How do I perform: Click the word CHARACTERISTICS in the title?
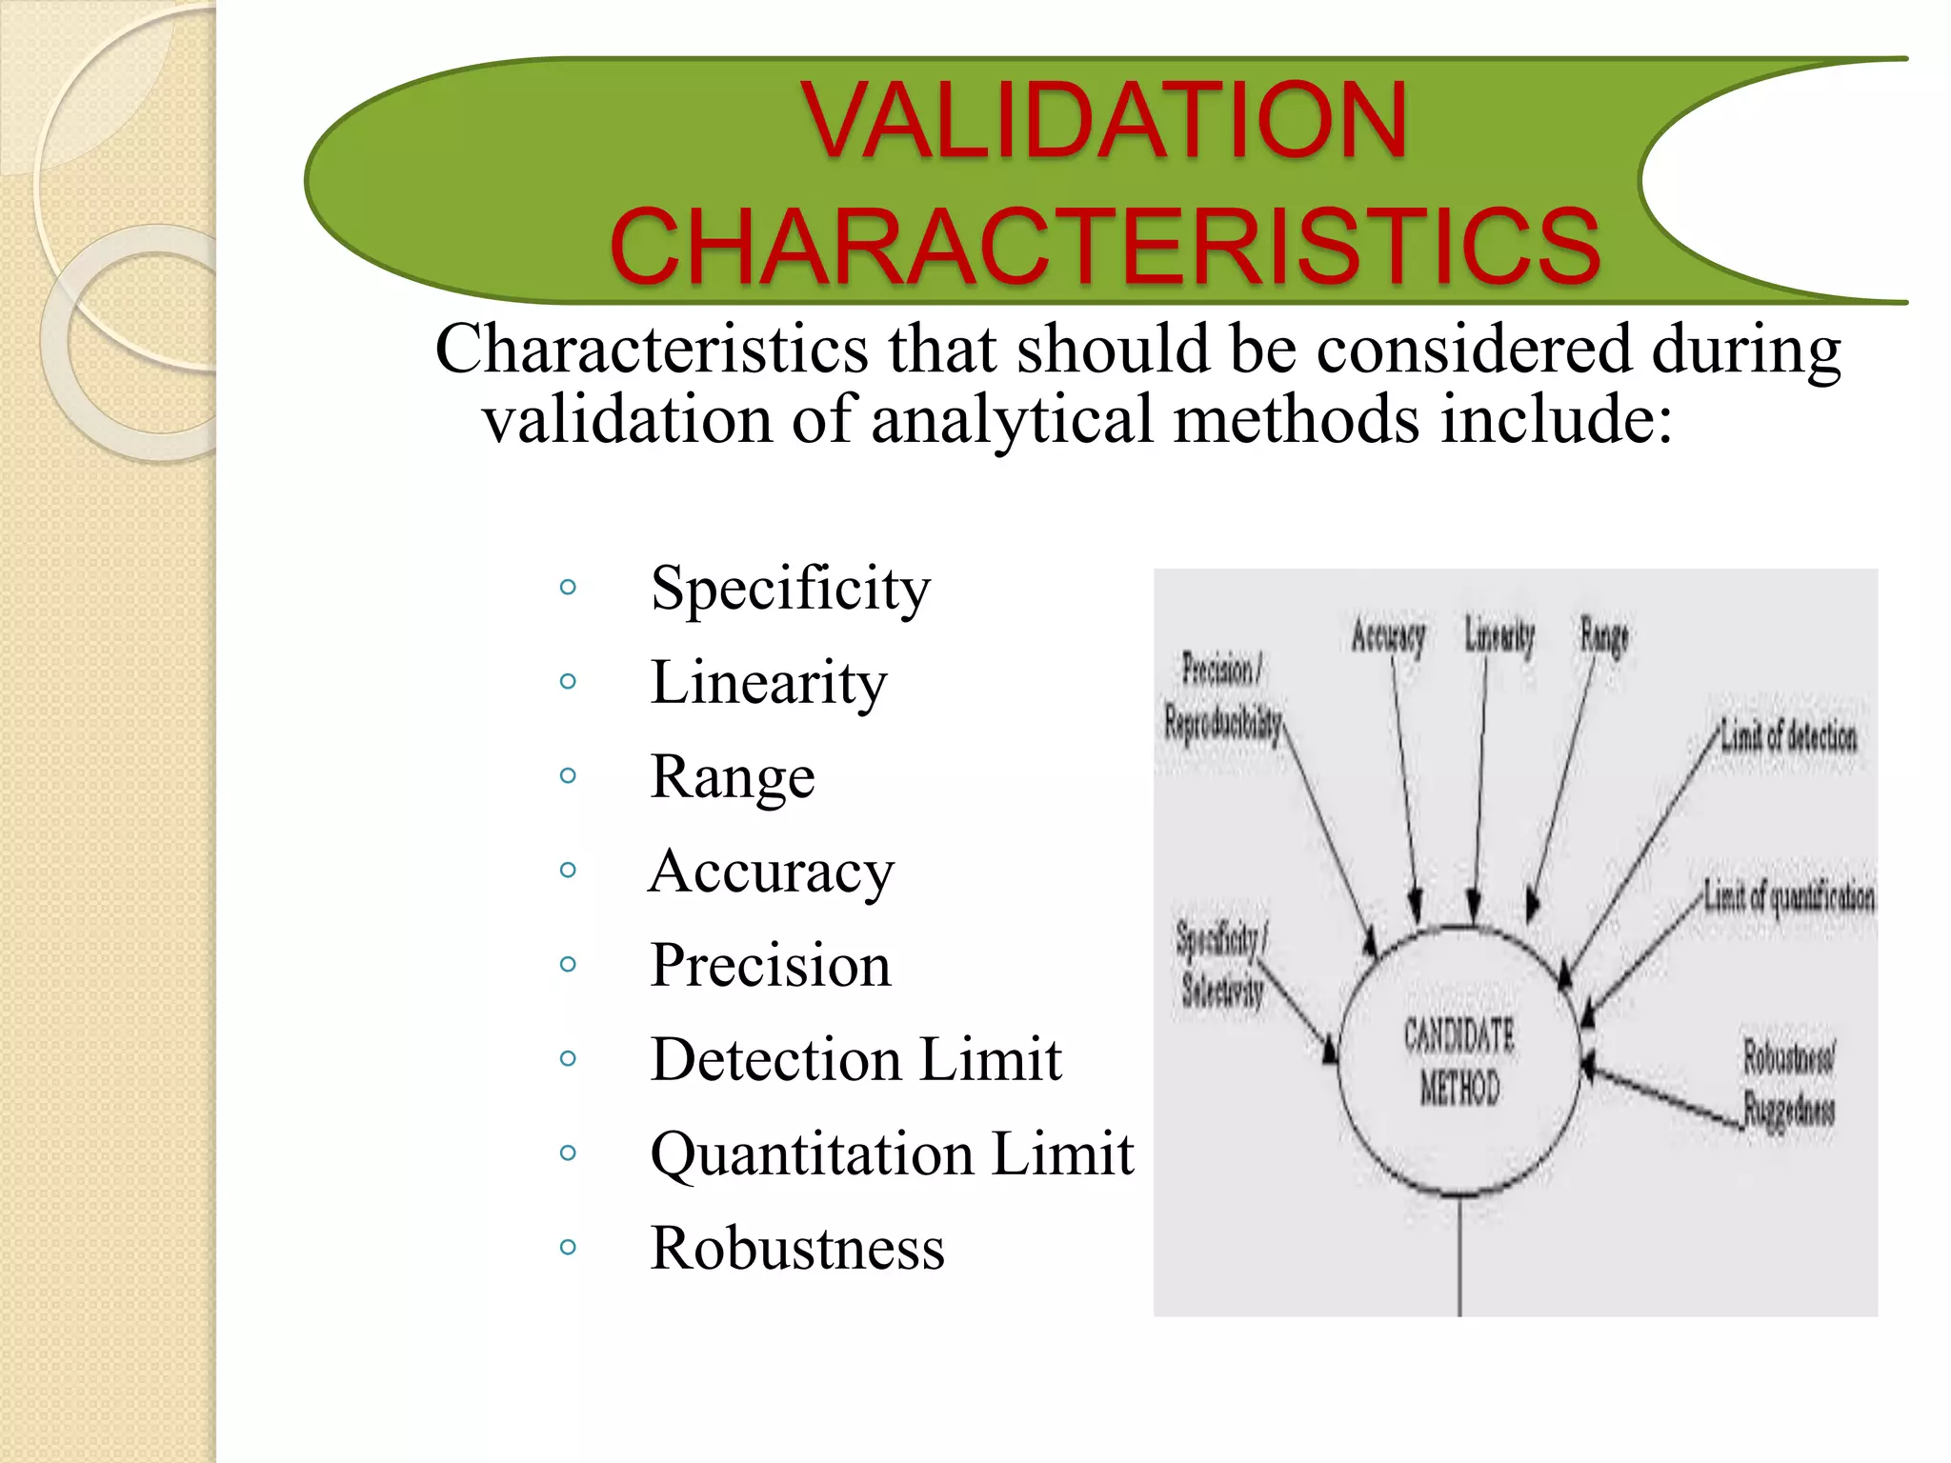tap(1105, 247)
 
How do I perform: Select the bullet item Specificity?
tap(790, 588)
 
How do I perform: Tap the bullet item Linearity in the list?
tap(768, 682)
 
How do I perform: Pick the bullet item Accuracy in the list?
tap(772, 871)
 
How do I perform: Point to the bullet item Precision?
tap(770, 965)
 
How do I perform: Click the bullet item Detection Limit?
tap(855, 1059)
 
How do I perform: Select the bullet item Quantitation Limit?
tap(891, 1153)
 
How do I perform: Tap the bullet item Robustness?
tap(796, 1248)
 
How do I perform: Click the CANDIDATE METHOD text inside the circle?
tap(1459, 1061)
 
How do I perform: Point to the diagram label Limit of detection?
tap(1788, 736)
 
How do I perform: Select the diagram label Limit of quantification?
tap(1788, 896)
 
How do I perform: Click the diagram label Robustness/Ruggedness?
tap(1788, 1083)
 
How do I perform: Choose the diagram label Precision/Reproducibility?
tap(1221, 696)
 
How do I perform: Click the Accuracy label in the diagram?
tap(1388, 636)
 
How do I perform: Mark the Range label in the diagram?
tap(1604, 636)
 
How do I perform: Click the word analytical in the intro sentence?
tap(1012, 420)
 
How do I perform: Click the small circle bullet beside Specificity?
tap(568, 587)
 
